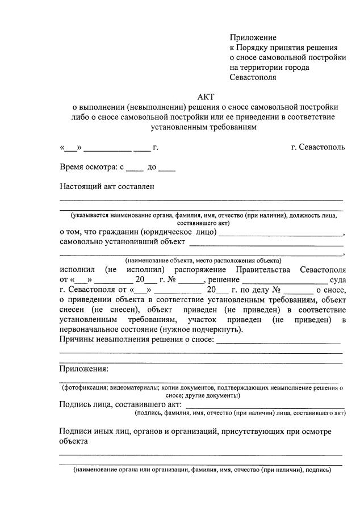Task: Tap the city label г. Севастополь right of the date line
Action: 317,148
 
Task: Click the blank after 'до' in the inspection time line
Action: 167,168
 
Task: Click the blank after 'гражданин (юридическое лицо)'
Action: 281,233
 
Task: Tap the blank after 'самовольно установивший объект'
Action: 266,243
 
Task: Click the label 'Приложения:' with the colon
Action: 84,369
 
